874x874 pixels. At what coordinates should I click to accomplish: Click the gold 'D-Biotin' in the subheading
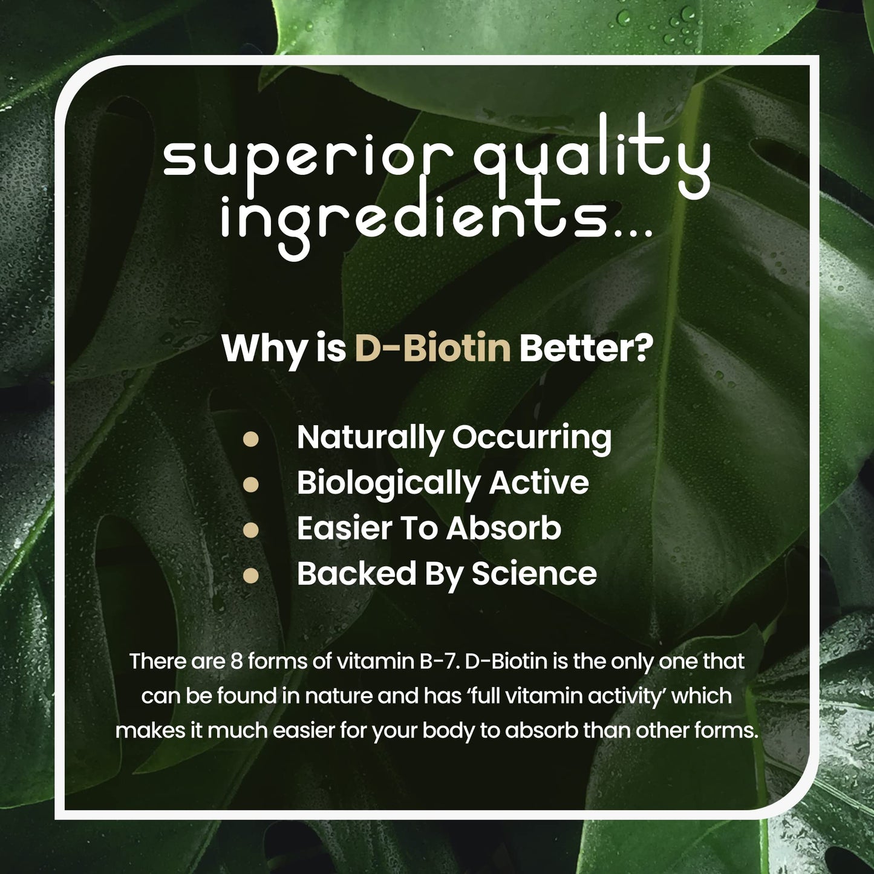(432, 348)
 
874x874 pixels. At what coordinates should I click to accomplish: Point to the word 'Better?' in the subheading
(586, 348)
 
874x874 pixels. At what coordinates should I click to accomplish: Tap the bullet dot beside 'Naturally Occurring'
(250, 439)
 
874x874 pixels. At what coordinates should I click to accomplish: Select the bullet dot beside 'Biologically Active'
(250, 484)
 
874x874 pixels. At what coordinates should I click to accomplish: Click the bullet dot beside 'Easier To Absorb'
(250, 530)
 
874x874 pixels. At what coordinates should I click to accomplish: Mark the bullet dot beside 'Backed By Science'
(250, 576)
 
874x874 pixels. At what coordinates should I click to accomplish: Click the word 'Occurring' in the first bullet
(532, 438)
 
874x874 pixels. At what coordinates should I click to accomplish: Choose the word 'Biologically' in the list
(387, 484)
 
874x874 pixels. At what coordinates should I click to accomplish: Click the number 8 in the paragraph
(236, 661)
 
